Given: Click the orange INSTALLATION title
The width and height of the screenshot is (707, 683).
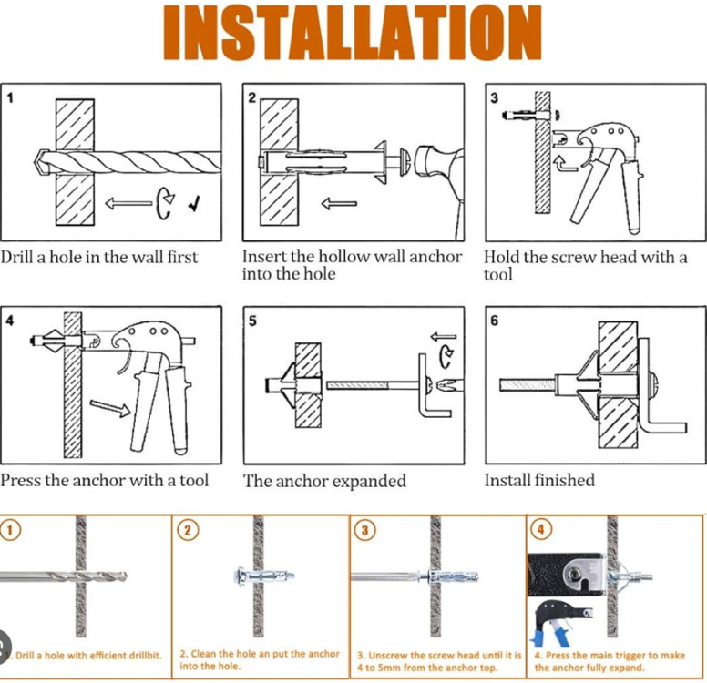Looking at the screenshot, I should (353, 34).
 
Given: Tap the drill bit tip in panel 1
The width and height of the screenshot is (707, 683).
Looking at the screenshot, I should (39, 161).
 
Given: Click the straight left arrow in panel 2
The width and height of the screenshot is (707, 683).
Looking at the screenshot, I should (339, 202).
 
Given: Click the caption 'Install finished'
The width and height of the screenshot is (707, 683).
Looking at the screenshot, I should (539, 480).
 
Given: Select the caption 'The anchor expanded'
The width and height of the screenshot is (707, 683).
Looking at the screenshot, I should (324, 481).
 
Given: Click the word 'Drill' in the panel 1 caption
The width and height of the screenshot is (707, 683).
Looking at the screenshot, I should (17, 257).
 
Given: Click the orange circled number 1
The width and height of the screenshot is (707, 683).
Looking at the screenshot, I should (11, 530).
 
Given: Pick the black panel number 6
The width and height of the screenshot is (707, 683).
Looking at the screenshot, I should (495, 321).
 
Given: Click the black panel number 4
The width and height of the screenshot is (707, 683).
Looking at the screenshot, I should (9, 321).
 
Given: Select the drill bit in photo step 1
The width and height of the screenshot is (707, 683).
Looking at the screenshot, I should (64, 576).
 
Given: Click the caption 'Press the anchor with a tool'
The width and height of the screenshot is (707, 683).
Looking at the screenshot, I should (105, 480).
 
